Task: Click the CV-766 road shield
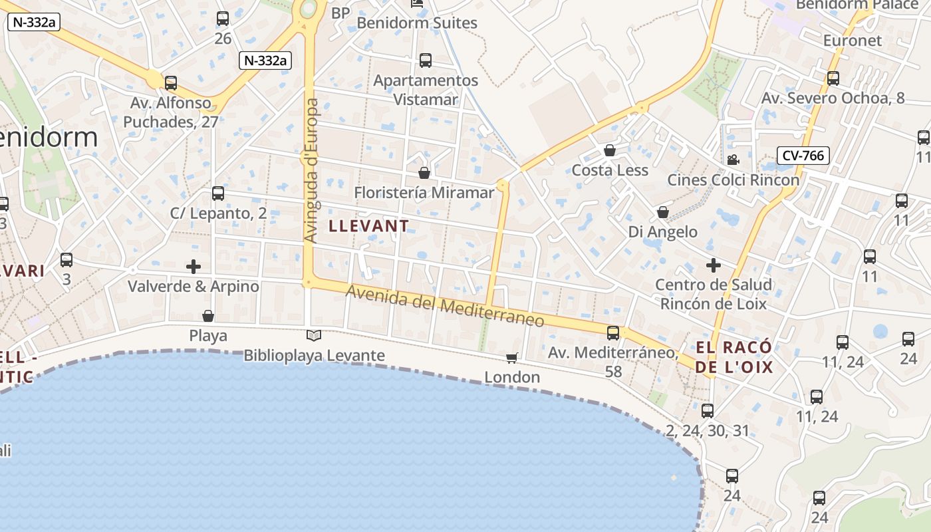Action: coord(803,156)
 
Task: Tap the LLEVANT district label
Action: coord(369,226)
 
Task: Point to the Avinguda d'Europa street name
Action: coord(311,170)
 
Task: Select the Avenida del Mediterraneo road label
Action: coord(445,307)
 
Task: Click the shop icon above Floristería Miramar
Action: coord(424,174)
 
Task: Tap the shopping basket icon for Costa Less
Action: coord(610,151)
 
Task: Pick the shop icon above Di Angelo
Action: coord(663,213)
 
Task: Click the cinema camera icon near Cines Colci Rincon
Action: coord(733,160)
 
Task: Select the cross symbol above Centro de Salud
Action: coord(714,266)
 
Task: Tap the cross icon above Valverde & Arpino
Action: coord(194,267)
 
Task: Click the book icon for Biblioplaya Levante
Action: coord(314,336)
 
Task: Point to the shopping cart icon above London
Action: coord(511,358)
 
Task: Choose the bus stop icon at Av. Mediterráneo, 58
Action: coord(613,333)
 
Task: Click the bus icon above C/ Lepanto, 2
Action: coord(218,194)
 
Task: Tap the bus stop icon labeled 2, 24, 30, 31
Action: coord(708,411)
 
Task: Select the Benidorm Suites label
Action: coord(417,23)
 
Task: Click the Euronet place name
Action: coord(852,41)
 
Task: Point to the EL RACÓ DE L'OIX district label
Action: coord(734,357)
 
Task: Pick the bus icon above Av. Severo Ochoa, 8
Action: coord(833,78)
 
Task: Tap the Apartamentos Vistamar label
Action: coord(426,90)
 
